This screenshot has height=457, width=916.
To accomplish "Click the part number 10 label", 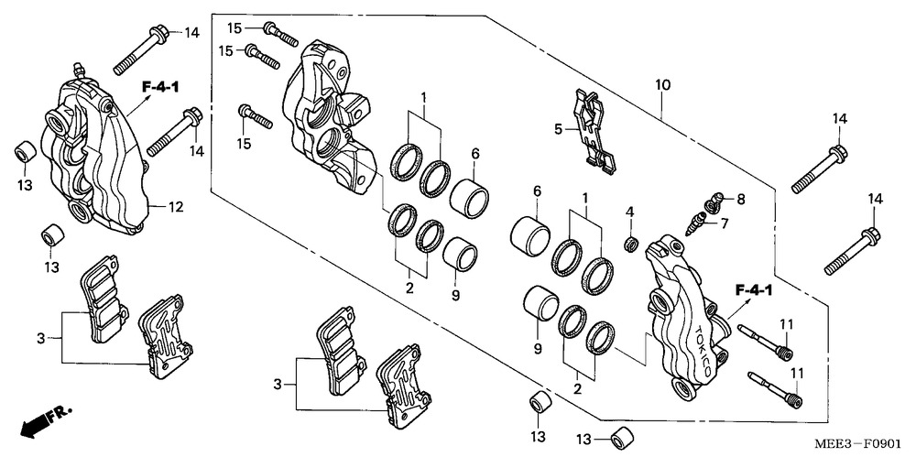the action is tap(662, 85).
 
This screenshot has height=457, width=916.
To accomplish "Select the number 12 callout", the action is tap(176, 207).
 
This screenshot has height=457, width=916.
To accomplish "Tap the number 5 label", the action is tap(558, 128).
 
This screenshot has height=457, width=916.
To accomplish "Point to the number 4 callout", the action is tap(629, 211).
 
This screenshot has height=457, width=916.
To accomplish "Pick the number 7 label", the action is tap(725, 223).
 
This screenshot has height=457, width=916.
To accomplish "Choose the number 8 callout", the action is tap(741, 200).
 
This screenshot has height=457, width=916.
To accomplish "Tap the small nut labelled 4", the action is tap(630, 245).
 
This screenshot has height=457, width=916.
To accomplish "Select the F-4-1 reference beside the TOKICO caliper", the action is tap(754, 289).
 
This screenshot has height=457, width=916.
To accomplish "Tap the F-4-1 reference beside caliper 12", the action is tap(160, 88).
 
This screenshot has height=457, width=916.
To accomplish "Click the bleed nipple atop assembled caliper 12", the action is tap(79, 71).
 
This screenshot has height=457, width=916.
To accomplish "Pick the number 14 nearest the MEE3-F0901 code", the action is tap(875, 200).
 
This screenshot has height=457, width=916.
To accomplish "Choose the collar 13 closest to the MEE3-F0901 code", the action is tap(622, 438).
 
